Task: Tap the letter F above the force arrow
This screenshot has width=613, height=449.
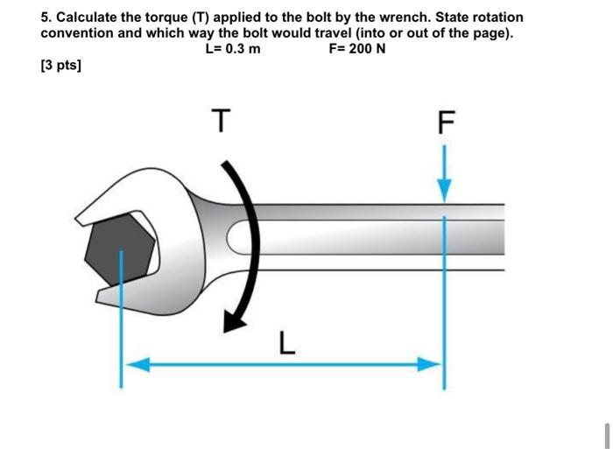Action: click(x=445, y=124)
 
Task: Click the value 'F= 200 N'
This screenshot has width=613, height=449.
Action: click(x=356, y=48)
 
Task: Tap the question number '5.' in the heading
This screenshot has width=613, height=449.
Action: click(x=46, y=18)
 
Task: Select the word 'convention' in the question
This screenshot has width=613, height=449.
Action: click(x=76, y=33)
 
